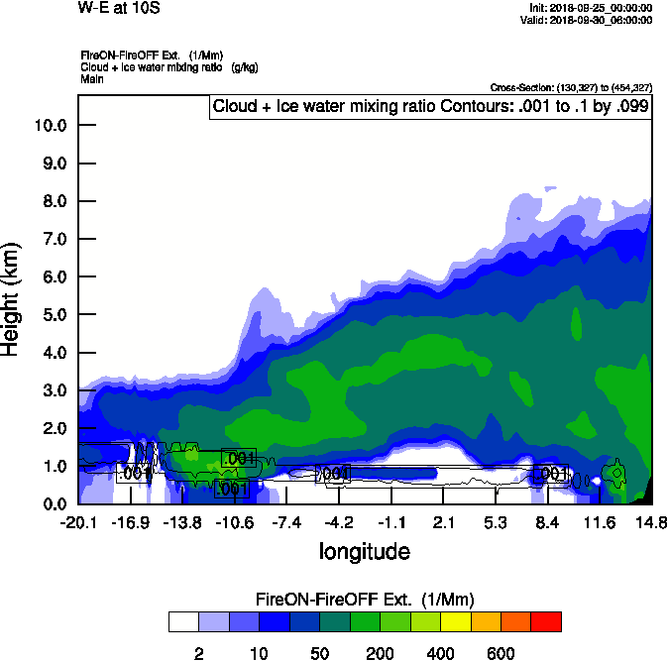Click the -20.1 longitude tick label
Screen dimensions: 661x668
78,522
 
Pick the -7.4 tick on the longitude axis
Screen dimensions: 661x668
287,522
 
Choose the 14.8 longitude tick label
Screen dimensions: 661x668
651,522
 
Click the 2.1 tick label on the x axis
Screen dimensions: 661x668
443,522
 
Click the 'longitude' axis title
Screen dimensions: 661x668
364,550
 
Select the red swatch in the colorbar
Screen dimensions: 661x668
546,621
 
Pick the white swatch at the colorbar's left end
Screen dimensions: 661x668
183,621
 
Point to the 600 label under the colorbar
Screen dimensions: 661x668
501,653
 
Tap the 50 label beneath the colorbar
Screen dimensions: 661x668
319,653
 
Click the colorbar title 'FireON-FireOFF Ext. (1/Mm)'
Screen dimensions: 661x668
365,600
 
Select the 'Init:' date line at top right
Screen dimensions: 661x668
592,8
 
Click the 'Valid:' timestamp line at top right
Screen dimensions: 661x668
592,20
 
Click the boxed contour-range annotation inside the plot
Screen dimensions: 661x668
429,107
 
